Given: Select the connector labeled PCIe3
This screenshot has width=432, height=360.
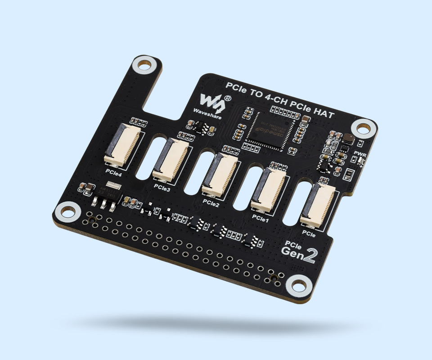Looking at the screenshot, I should (x=171, y=158).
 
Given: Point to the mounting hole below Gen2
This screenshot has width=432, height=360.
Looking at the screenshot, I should (x=297, y=284).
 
